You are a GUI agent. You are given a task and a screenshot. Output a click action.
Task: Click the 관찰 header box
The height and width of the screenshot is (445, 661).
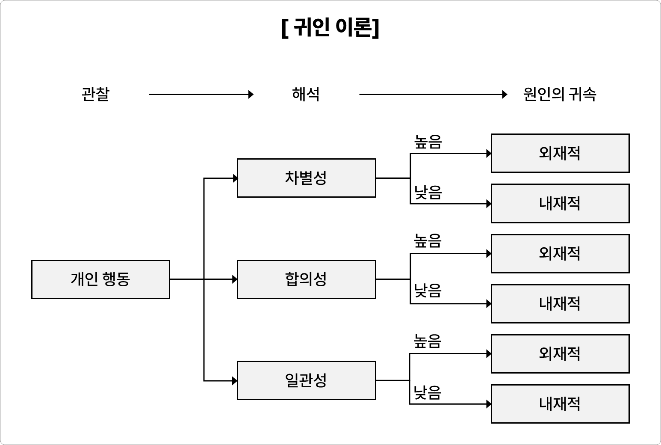(96, 94)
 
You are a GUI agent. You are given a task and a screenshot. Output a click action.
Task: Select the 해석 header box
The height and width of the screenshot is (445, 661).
(306, 94)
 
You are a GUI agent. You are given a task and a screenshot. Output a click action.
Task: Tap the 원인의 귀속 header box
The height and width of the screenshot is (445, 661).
(560, 94)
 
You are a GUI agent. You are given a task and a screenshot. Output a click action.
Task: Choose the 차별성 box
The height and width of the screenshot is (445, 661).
(306, 178)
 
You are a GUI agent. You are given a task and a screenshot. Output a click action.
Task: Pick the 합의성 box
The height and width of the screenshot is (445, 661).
(306, 279)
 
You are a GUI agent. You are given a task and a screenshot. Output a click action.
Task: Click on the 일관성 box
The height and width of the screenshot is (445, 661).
(306, 380)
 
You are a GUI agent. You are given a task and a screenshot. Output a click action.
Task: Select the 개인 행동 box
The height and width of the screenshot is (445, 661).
(100, 279)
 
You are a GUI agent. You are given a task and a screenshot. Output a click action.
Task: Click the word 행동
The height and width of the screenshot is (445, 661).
(116, 279)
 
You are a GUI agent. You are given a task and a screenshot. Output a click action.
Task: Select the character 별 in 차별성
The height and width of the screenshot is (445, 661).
(306, 178)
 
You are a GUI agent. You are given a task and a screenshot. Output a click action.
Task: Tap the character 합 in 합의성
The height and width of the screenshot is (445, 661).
(292, 279)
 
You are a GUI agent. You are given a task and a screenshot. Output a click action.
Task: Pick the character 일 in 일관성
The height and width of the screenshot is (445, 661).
(292, 380)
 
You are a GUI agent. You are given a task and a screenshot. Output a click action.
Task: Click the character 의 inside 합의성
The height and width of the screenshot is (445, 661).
(306, 279)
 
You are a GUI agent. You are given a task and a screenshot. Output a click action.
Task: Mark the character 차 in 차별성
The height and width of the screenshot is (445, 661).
(292, 178)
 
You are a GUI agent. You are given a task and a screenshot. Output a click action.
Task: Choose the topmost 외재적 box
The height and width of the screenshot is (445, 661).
(560, 153)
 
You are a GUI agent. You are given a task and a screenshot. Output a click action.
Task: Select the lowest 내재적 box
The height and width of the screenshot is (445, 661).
(560, 404)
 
